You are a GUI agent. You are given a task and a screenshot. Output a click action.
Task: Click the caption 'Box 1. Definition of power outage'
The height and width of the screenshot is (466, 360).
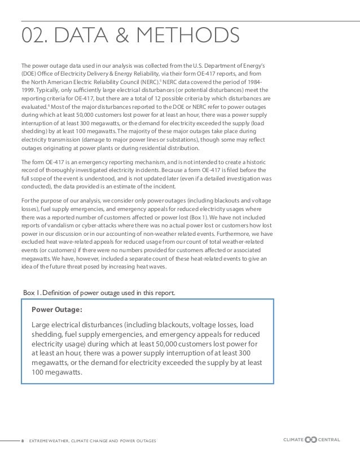tap(99, 292)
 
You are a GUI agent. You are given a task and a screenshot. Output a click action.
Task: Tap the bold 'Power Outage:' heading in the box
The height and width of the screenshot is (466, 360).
tap(57, 310)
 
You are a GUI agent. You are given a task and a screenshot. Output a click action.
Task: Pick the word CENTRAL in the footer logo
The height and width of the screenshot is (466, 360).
tap(329, 438)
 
